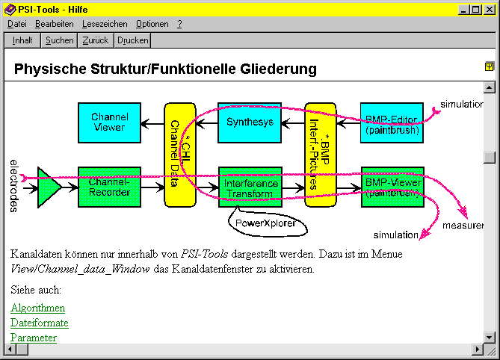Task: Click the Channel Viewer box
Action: tap(108, 122)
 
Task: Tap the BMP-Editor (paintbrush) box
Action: tap(392, 123)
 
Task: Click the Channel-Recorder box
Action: tap(109, 187)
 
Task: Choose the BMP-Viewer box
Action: tap(392, 187)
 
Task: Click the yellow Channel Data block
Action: tap(179, 153)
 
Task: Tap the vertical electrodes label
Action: tap(13, 185)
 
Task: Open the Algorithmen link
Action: tap(38, 308)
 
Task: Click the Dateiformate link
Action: tap(40, 323)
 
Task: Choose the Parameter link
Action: tap(34, 338)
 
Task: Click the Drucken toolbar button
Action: tap(133, 40)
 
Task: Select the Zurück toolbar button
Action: tap(96, 40)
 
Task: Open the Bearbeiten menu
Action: tap(54, 24)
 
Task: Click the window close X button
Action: tap(490, 9)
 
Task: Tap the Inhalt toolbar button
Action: tap(22, 40)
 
